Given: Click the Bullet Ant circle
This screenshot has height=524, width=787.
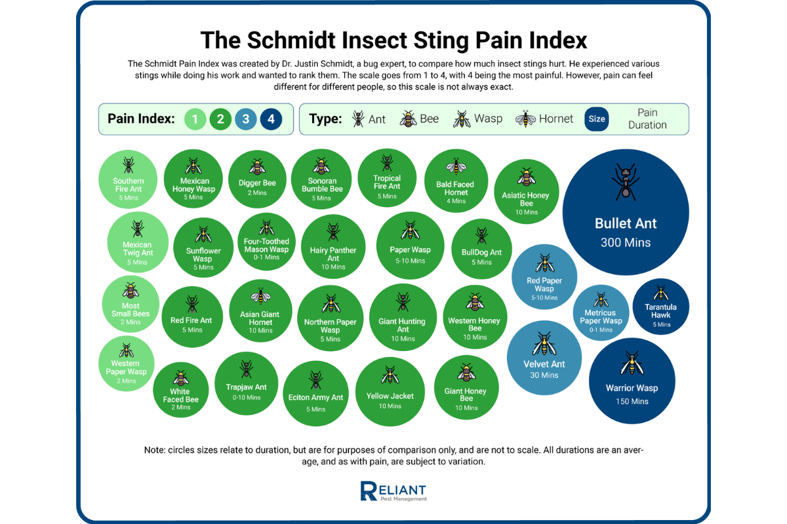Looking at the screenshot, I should [x=626, y=213].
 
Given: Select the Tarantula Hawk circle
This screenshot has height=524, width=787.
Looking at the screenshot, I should [x=660, y=307].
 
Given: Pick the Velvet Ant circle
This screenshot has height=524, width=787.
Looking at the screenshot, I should [x=544, y=358].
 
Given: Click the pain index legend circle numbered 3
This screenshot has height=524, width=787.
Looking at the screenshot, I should [x=246, y=119].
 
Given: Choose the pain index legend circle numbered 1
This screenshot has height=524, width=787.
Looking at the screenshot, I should [x=195, y=119].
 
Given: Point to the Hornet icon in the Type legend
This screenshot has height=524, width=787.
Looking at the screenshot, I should [x=525, y=119].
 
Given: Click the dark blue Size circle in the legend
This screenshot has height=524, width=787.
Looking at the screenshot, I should [x=597, y=119].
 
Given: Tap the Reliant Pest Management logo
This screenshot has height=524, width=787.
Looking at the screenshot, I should [x=393, y=492].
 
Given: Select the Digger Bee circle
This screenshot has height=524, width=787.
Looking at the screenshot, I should [x=257, y=179].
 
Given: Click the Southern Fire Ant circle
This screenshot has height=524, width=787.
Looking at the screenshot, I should [x=128, y=180].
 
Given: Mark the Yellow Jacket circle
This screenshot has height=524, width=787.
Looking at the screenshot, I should [x=390, y=392].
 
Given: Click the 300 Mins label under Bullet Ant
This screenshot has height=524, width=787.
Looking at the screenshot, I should [x=626, y=242].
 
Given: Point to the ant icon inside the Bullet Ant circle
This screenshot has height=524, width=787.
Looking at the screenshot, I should [x=625, y=182].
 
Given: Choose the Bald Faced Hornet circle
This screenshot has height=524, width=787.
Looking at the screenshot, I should [x=455, y=181].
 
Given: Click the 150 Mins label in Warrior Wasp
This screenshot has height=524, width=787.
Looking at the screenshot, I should [x=632, y=402].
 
